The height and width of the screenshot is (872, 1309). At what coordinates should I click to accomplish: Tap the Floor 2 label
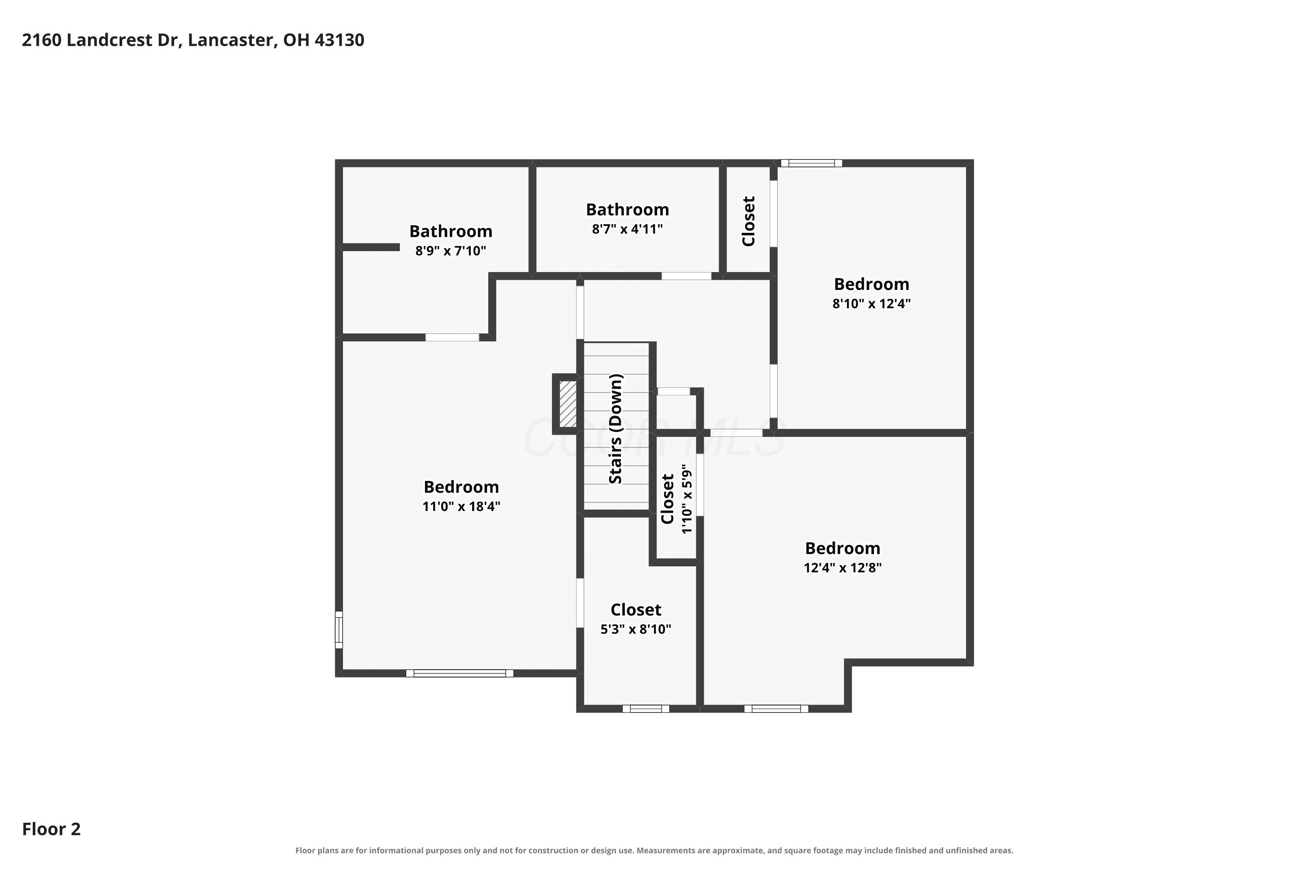51,829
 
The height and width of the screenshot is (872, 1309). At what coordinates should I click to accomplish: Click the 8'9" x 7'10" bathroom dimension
451,251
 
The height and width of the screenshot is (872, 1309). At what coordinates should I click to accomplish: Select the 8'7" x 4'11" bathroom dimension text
627,229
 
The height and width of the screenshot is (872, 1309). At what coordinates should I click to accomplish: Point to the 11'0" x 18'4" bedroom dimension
461,507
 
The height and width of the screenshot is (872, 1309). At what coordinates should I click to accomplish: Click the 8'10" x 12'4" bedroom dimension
871,303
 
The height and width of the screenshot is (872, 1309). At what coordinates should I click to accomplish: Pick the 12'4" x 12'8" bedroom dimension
843,568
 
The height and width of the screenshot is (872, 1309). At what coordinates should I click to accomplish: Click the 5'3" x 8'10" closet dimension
636,629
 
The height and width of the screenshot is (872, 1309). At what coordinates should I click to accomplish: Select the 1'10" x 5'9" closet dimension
687,499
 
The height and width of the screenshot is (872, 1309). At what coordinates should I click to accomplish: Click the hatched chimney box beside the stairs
568,404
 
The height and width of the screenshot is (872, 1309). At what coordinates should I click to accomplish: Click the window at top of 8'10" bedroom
812,163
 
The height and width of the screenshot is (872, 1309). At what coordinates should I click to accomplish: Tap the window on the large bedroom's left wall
339,630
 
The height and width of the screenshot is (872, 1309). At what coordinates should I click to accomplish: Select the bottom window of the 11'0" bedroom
460,674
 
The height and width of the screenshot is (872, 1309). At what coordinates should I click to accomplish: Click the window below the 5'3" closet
646,708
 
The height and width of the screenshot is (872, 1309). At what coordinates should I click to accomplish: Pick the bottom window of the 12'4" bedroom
776,708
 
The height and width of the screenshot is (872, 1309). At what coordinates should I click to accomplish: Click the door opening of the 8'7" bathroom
686,276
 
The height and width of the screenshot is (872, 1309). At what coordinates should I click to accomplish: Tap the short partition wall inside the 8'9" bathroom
370,247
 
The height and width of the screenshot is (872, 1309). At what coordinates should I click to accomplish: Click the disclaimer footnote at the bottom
654,850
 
